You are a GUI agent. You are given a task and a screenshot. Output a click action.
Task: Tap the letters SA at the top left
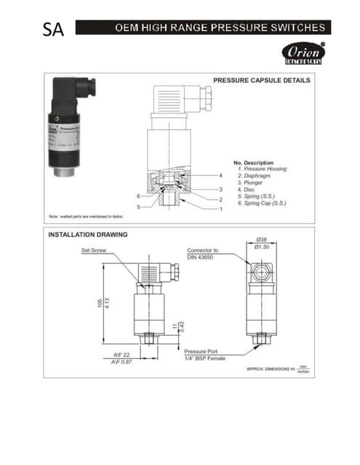[53, 31]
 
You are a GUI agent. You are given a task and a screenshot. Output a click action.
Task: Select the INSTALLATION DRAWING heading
[87, 235]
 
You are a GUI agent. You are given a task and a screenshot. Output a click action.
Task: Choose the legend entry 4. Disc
[249, 190]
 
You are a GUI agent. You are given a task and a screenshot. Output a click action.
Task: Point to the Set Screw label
[95, 249]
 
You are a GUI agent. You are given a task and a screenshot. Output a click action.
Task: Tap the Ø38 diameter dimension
[261, 240]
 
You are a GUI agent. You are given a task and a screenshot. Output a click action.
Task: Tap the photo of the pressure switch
[70, 128]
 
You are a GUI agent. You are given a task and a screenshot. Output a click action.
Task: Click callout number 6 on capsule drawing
[139, 196]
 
